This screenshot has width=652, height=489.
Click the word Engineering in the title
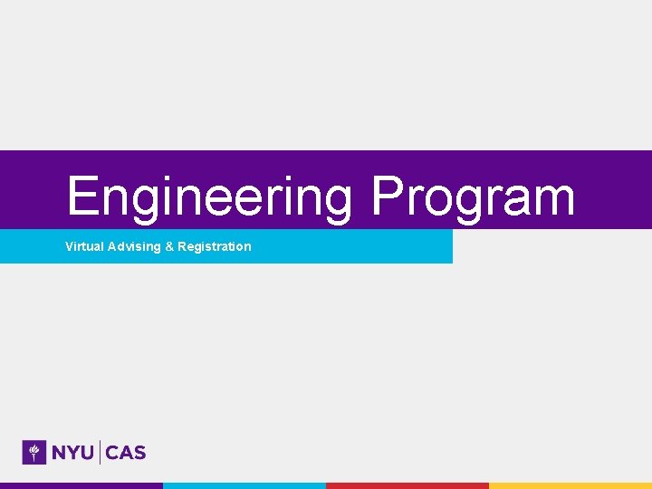point(208,197)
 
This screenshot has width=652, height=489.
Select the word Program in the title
point(473,197)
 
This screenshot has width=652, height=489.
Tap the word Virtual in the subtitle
point(83,246)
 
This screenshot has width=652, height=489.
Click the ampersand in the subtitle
point(169,246)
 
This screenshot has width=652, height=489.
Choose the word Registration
point(215,246)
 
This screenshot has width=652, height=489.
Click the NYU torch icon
point(34,452)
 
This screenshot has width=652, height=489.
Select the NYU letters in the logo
point(72,453)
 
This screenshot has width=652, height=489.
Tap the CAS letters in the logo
point(126,453)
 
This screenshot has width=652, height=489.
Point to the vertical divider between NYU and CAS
point(100,453)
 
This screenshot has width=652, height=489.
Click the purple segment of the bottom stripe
point(81,485)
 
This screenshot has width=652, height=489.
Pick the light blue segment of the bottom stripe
point(244,485)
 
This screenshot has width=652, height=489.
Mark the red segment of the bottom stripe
point(407,485)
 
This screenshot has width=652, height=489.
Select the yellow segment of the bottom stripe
point(570,485)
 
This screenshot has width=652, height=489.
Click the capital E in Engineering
point(83,197)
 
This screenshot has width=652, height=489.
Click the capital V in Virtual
point(70,246)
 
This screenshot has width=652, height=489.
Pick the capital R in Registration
point(182,246)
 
